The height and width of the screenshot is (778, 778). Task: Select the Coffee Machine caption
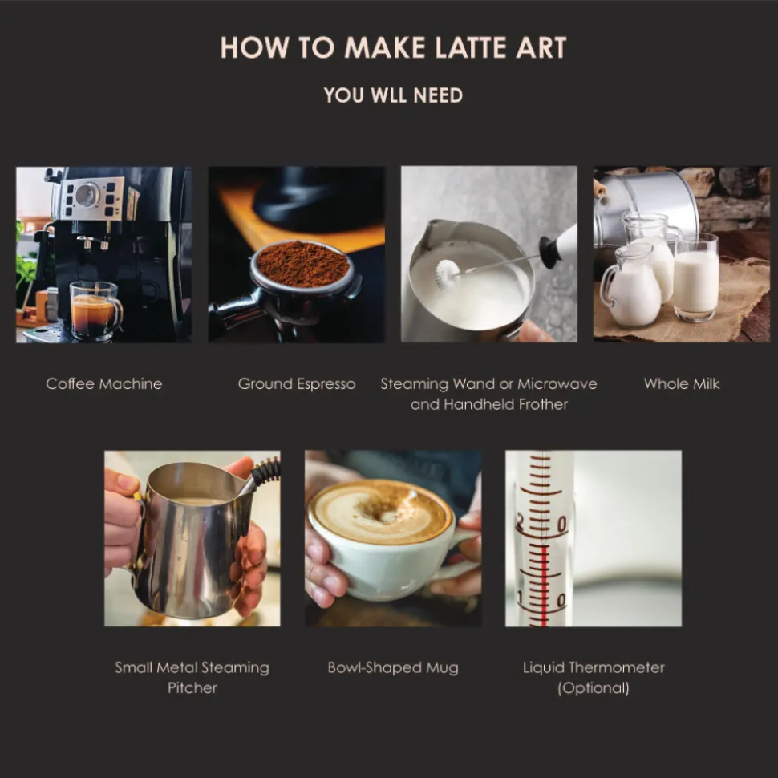pos(103,383)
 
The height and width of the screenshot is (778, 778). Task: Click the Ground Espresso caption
pos(296,383)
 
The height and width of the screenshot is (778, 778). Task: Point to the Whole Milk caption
pos(681,383)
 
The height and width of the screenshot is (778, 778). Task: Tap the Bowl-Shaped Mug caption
pos(392,667)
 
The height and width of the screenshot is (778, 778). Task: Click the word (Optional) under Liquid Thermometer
pos(593,687)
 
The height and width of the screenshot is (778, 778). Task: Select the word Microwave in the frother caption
pos(557,383)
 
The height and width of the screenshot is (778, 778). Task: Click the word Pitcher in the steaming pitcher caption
pos(192,687)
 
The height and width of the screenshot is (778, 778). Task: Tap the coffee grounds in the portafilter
pos(302,264)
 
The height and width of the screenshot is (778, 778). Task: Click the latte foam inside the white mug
pos(380,511)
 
